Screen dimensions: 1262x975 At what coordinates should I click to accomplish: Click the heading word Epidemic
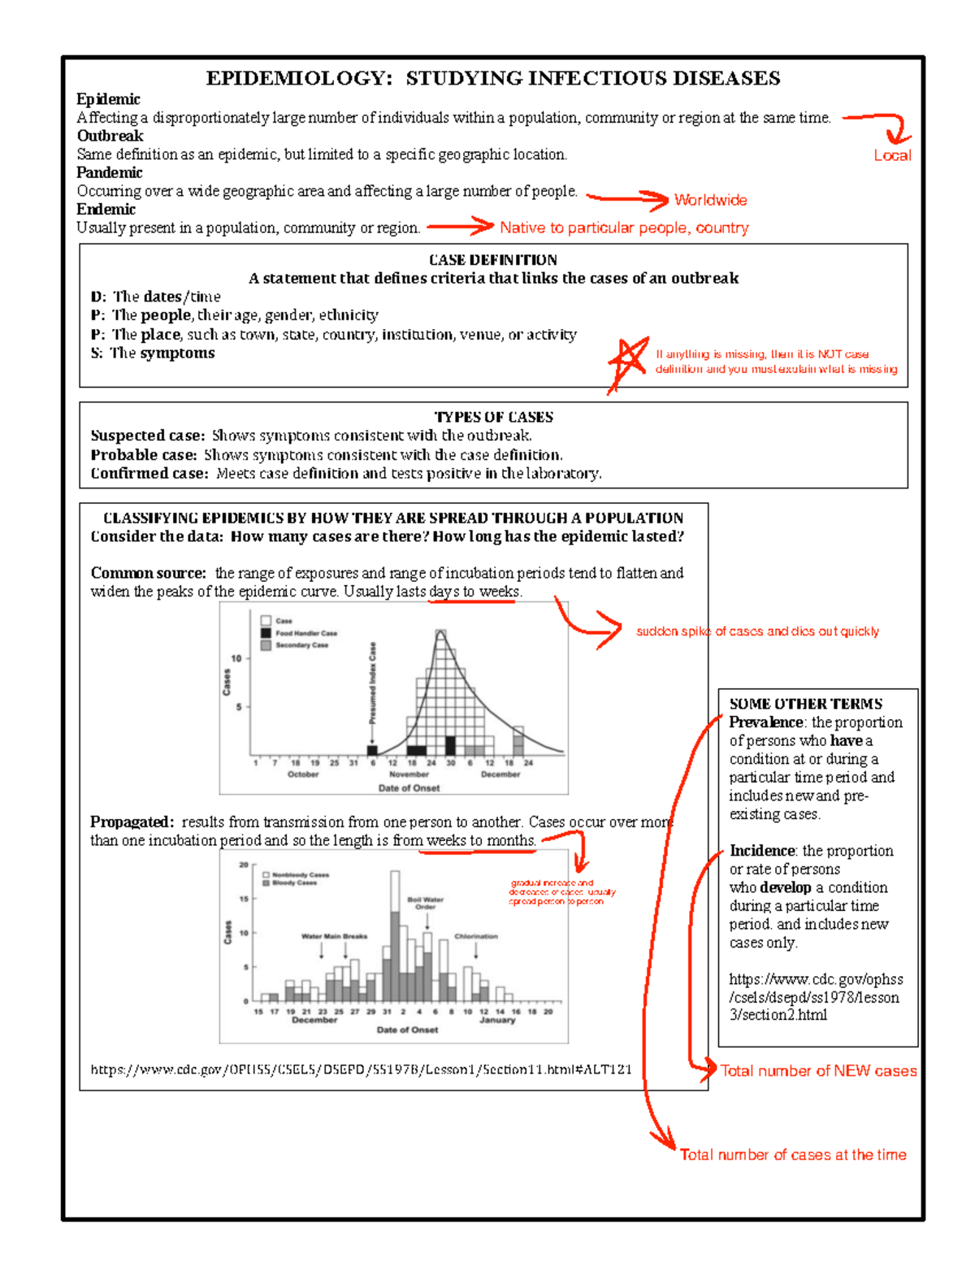pos(108,99)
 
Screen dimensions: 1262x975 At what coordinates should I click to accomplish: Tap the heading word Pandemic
pos(109,172)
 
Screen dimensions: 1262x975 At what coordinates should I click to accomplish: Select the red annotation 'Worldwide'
pos(710,200)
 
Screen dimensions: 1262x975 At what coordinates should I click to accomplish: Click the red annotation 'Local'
pos(892,155)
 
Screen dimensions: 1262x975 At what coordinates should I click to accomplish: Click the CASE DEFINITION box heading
pos(493,260)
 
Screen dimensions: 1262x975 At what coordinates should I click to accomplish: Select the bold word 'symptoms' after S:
pos(177,353)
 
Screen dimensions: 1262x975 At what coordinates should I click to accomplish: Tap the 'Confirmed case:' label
pos(149,474)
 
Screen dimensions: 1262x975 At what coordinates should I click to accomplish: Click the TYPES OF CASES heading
pos(493,417)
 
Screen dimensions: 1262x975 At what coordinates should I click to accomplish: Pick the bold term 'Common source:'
pos(148,573)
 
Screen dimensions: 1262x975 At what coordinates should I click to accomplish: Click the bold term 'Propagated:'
pos(132,822)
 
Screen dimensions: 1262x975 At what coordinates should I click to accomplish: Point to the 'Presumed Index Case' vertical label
pos(373,684)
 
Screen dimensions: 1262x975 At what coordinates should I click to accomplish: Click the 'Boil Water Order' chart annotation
pos(426,903)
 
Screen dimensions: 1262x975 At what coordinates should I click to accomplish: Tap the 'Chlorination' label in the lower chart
pos(476,936)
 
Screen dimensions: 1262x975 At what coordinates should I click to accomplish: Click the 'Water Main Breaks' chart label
pos(334,936)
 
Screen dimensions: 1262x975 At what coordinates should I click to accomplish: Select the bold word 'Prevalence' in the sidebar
pos(766,722)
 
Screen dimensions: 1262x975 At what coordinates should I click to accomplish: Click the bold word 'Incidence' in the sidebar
pos(762,851)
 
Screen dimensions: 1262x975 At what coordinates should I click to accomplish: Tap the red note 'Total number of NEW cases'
pos(818,1071)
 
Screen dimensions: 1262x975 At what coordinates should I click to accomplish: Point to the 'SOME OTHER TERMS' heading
pos(805,704)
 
